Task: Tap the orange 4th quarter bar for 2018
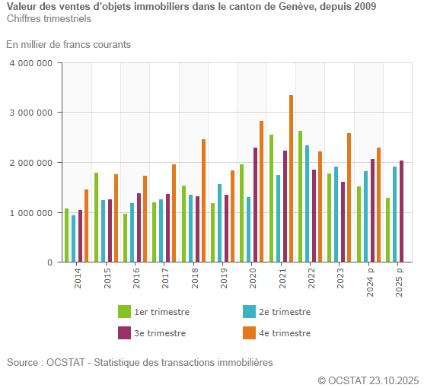[x=203, y=201]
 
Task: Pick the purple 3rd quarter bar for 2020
[x=255, y=205]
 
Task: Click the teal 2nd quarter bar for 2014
[x=74, y=239]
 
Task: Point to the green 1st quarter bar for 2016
[x=126, y=238]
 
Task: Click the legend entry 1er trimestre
[x=161, y=312]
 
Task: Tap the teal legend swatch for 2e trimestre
[x=249, y=312]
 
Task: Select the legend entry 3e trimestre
[x=160, y=333]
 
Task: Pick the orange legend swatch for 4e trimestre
[x=249, y=333]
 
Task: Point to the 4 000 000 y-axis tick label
[x=30, y=63]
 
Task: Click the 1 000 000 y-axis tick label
[x=30, y=213]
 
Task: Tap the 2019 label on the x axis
[x=225, y=278]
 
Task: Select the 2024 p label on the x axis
[x=371, y=282]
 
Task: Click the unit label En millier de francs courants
[x=69, y=44]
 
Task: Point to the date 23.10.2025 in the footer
[x=394, y=380]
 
